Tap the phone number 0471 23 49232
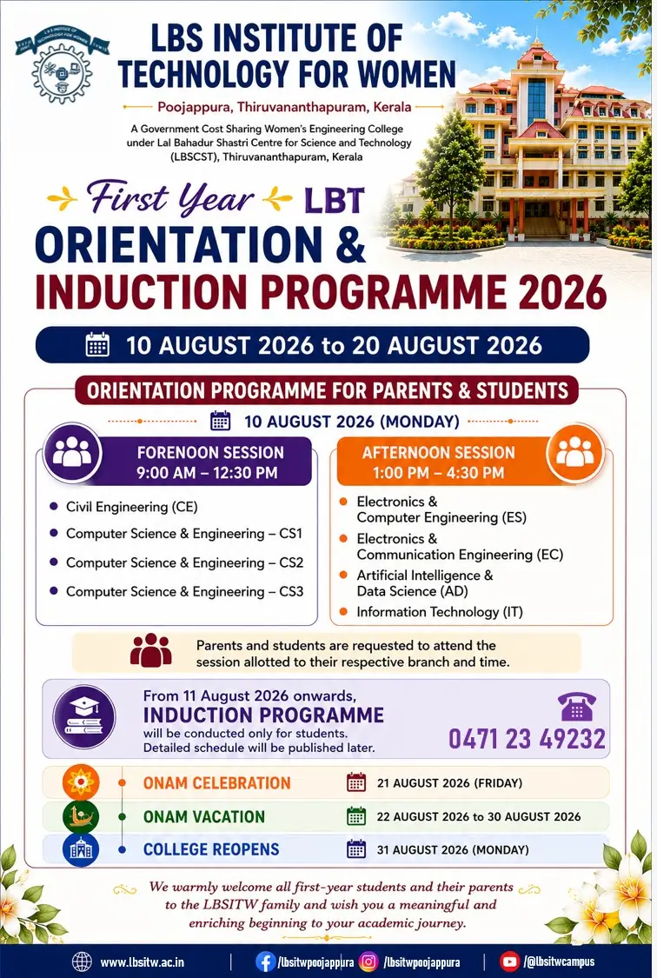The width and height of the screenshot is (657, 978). [527, 739]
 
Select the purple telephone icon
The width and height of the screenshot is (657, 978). [577, 706]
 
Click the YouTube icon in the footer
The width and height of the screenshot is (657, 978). [510, 961]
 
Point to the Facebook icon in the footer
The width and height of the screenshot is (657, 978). [266, 961]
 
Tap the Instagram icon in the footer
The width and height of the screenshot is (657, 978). [369, 961]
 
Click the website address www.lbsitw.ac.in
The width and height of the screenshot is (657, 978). [143, 962]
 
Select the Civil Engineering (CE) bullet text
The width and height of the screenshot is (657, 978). [131, 507]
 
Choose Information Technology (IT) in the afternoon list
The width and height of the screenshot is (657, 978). [440, 612]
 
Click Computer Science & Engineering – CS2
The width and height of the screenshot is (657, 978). [184, 562]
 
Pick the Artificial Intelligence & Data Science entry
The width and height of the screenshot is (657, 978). [424, 582]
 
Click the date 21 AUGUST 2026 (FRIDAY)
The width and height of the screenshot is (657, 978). [449, 782]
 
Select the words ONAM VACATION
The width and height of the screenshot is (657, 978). [204, 816]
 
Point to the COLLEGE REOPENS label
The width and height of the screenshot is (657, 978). [211, 849]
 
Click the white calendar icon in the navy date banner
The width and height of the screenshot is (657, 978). [97, 344]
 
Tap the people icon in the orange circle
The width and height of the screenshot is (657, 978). [574, 452]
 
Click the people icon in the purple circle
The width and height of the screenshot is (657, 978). [72, 452]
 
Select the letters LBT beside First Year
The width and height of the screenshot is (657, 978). [334, 201]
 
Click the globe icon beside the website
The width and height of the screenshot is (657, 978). [82, 961]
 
